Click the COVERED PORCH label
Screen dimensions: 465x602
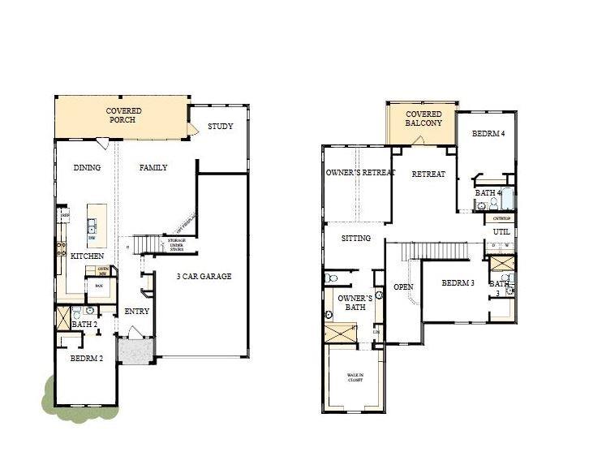pyautogui.click(x=123, y=115)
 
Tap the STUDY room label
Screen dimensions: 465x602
pyautogui.click(x=220, y=126)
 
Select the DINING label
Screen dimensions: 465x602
pyautogui.click(x=87, y=168)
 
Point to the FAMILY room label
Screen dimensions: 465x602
pyautogui.click(x=153, y=168)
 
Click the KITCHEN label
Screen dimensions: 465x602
pyautogui.click(x=86, y=256)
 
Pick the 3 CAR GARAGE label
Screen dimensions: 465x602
pyautogui.click(x=204, y=277)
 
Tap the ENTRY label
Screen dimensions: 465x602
pyautogui.click(x=136, y=312)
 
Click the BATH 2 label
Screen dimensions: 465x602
pyautogui.click(x=84, y=325)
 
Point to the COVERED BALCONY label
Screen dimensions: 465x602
pyautogui.click(x=424, y=118)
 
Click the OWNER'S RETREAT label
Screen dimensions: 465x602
pyautogui.click(x=360, y=174)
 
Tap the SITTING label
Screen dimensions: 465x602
pyautogui.click(x=356, y=239)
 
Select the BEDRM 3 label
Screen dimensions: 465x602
pyautogui.click(x=458, y=283)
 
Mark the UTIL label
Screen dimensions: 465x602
pyautogui.click(x=501, y=232)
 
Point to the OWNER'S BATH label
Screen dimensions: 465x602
pyautogui.click(x=355, y=304)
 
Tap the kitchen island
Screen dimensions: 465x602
pyautogui.click(x=94, y=224)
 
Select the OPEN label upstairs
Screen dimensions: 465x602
pyautogui.click(x=403, y=287)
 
